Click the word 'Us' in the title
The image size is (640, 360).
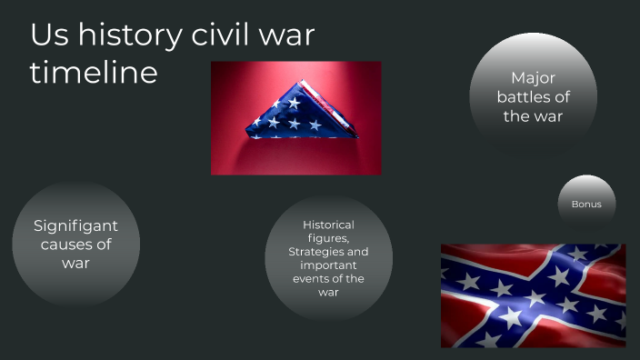47,35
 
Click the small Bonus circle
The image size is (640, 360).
586,204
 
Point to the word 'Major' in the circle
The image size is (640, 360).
533,78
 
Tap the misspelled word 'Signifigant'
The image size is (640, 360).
75,225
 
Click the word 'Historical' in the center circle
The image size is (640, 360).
328,225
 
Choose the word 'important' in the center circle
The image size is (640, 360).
328,265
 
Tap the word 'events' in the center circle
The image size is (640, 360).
314,279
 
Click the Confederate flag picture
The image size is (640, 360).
533,295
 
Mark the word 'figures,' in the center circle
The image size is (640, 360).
328,238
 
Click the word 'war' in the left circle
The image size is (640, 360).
75,264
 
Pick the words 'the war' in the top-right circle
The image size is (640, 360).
533,116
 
